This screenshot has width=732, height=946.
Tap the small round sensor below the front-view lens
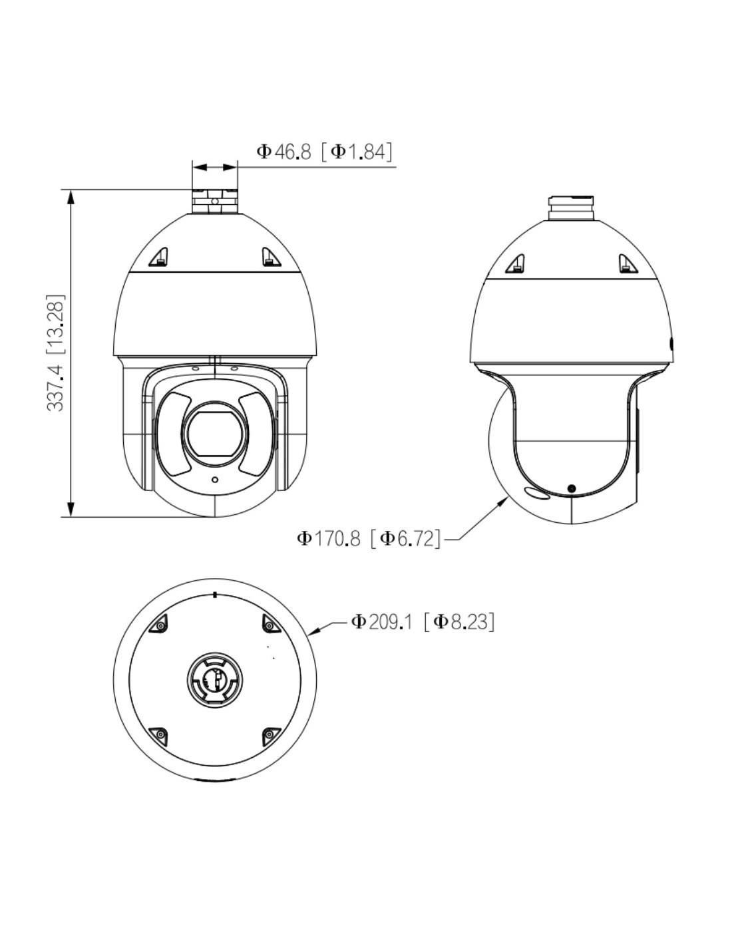tap(214, 480)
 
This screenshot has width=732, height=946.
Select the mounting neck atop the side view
tap(571, 208)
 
